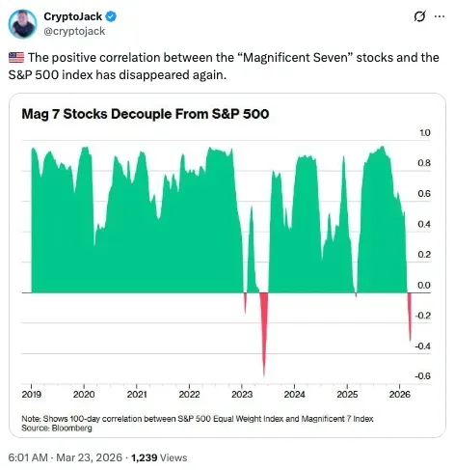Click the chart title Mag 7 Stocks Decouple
tap(144, 114)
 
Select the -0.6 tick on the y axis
tap(422, 375)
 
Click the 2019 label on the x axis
tap(32, 395)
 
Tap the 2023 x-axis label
tap(242, 395)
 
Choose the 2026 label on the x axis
tap(399, 395)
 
